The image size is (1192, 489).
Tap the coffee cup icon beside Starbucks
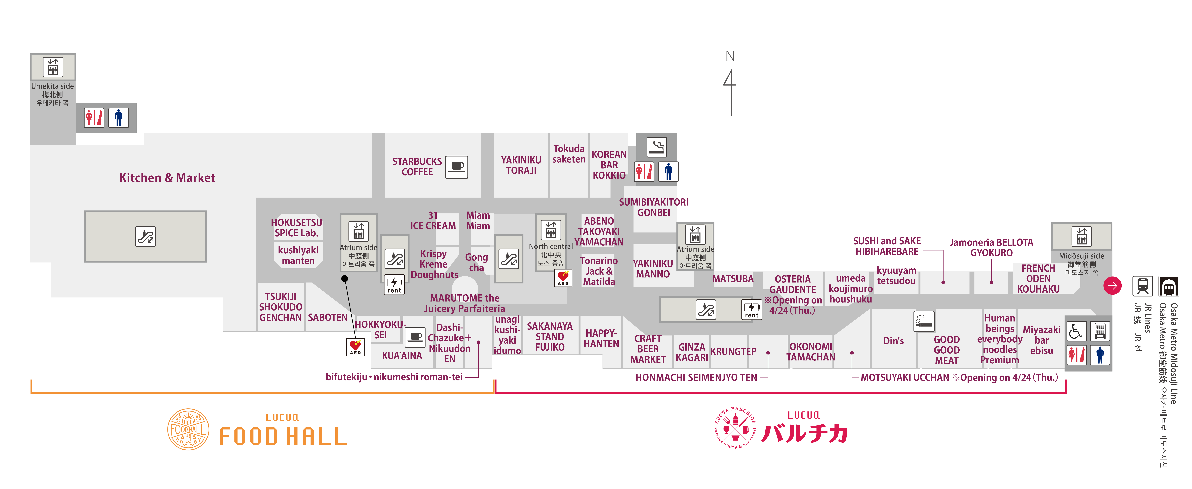[457, 167]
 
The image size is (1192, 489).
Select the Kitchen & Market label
[167, 178]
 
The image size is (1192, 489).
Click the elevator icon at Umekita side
[53, 67]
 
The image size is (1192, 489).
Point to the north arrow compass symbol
[730, 86]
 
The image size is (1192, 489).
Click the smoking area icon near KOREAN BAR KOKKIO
[657, 146]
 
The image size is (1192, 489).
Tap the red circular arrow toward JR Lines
[1112, 285]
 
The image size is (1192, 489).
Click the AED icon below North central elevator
[563, 278]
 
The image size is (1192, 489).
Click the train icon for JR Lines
[1142, 286]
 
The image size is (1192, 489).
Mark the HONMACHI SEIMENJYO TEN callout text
[696, 377]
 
